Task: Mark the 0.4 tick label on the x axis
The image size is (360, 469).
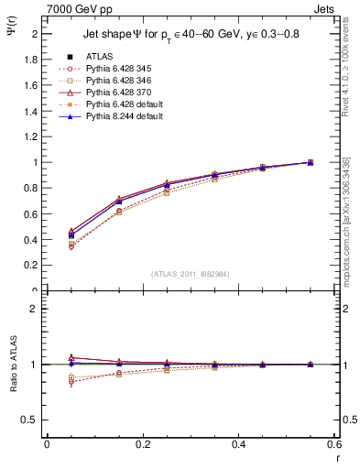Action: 239,444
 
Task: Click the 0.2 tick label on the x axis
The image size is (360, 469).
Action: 143,444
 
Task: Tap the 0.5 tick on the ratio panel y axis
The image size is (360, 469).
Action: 31,420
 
